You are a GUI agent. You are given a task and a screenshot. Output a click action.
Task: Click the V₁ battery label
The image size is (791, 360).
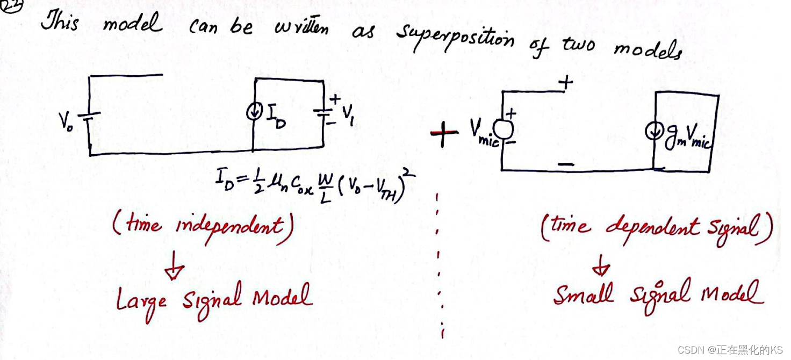click(x=348, y=112)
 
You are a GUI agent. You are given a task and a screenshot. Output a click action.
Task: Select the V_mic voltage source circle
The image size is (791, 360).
click(x=504, y=128)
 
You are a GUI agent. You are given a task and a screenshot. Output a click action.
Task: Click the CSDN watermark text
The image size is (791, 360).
click(x=730, y=350)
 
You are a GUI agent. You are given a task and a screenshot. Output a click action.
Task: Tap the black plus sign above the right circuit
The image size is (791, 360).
click(x=565, y=83)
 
